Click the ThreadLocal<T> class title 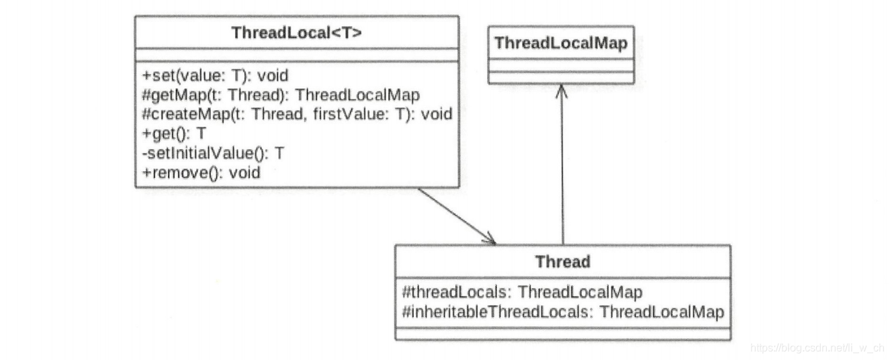point(296,32)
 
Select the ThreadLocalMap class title point(560,43)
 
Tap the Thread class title point(562,261)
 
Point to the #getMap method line point(281,95)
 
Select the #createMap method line point(297,114)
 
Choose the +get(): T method point(174,134)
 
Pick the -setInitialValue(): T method point(213,153)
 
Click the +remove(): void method point(201,173)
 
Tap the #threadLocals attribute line point(521,292)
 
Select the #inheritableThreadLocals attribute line point(562,312)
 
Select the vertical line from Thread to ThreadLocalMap point(562,168)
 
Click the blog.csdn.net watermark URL point(816,347)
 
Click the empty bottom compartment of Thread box point(562,333)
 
